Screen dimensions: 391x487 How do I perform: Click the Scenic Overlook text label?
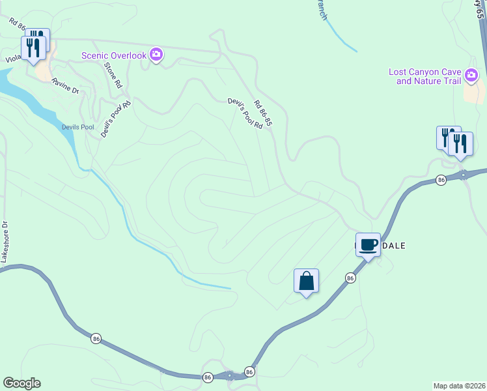(114, 55)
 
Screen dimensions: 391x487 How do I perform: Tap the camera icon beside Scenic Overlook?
(156, 55)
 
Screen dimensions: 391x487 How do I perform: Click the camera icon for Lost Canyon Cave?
(472, 76)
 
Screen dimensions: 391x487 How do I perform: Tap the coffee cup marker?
(368, 245)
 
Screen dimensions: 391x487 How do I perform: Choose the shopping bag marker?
(306, 282)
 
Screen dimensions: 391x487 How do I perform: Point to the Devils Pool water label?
(77, 127)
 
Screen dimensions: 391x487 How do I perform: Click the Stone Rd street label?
(114, 75)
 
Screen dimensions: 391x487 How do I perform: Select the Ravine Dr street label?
(65, 86)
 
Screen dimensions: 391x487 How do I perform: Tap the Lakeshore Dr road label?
(5, 241)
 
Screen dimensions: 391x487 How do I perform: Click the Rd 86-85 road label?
(262, 112)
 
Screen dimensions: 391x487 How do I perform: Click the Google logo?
(21, 383)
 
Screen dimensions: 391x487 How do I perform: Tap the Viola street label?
(13, 57)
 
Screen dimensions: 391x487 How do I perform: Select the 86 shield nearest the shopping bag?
(350, 278)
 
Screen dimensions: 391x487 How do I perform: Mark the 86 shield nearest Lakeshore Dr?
(96, 338)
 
